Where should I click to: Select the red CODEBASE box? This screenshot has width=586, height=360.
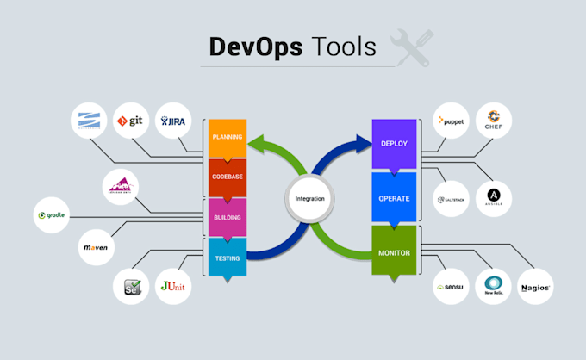pyautogui.click(x=228, y=177)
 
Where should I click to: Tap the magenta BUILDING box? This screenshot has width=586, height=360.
pyautogui.click(x=228, y=217)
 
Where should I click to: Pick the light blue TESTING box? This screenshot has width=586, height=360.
pyautogui.click(x=228, y=257)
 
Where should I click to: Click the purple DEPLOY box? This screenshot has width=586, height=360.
pyautogui.click(x=393, y=143)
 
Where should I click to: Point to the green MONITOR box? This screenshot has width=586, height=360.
pyautogui.click(x=393, y=253)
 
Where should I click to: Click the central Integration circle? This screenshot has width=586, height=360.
pyautogui.click(x=310, y=198)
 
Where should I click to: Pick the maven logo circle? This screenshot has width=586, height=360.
pyautogui.click(x=96, y=247)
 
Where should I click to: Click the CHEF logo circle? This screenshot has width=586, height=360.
pyautogui.click(x=494, y=121)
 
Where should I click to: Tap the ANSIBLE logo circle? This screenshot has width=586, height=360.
pyautogui.click(x=494, y=198)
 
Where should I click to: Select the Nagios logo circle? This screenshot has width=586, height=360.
pyautogui.click(x=535, y=285)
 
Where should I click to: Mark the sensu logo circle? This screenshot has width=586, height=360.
pyautogui.click(x=452, y=285)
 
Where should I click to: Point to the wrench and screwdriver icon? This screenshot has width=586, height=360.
pyautogui.click(x=411, y=47)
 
